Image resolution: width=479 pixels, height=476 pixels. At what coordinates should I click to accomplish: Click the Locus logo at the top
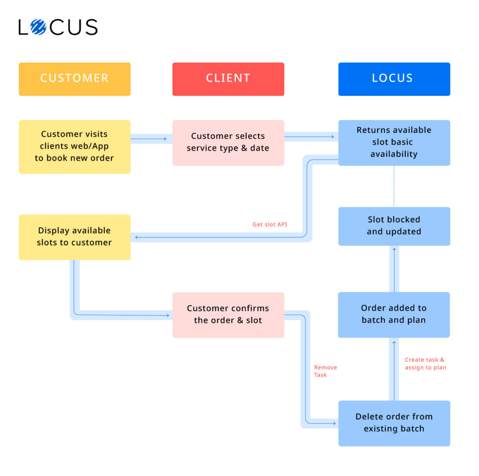pos(58,27)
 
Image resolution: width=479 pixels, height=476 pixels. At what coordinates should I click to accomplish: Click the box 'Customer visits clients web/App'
pos(74,146)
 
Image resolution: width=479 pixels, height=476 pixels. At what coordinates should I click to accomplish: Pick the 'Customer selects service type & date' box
pos(228,142)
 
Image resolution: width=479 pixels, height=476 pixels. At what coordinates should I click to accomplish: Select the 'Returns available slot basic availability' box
pos(394,142)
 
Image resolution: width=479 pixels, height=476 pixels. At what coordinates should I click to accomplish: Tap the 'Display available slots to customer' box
pos(74,237)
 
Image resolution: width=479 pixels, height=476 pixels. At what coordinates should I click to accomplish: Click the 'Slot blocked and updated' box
pos(394,226)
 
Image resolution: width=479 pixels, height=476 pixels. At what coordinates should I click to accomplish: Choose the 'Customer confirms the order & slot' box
pos(228,315)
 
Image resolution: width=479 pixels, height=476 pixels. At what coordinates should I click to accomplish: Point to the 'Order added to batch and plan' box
pos(394,315)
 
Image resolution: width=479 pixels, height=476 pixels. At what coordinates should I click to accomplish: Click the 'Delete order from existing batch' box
pos(394,423)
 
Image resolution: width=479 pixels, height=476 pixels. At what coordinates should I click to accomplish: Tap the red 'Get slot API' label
pos(270,225)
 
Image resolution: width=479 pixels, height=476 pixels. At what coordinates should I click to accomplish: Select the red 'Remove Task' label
pos(325,371)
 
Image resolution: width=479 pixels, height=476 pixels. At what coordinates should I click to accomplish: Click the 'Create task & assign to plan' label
pos(425,364)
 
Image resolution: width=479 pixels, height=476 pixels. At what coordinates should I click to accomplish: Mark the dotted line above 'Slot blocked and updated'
pos(394,186)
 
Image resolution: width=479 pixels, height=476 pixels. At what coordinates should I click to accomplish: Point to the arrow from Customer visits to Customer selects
pos(151,139)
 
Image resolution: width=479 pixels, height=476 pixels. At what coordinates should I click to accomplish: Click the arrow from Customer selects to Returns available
pos(311,137)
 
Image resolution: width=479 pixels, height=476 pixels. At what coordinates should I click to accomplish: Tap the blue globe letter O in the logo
pos(38,27)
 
